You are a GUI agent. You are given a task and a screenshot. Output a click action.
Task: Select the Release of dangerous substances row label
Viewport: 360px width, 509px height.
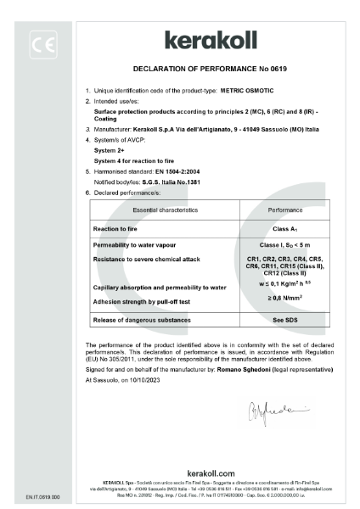(140, 321)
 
